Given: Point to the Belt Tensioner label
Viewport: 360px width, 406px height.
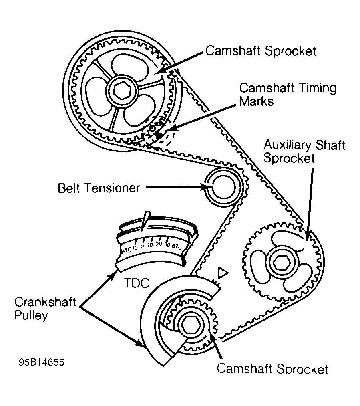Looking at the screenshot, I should [x=99, y=187].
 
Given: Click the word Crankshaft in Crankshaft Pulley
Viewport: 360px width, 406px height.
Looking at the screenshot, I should [x=45, y=302].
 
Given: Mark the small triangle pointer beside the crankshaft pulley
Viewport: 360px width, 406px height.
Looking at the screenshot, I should [x=222, y=273].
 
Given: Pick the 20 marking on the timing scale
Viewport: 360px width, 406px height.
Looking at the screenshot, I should [x=159, y=244].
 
